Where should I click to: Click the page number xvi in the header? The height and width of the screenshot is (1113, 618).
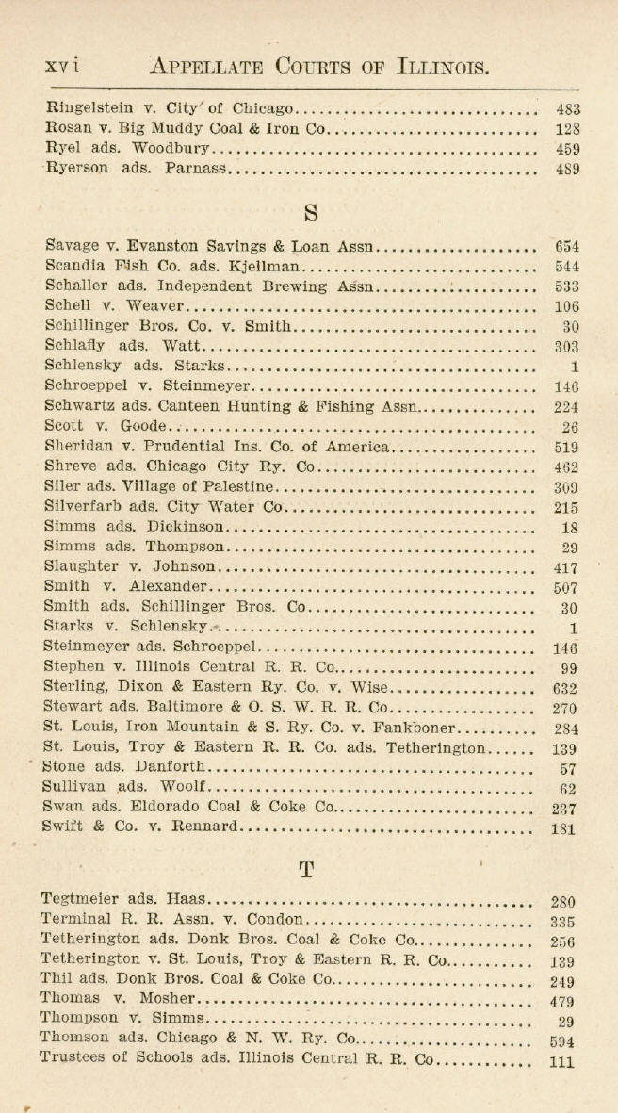pyautogui.click(x=63, y=66)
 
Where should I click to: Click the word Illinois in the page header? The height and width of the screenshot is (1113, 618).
pyautogui.click(x=431, y=66)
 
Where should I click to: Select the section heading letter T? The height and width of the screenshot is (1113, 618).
pyautogui.click(x=306, y=868)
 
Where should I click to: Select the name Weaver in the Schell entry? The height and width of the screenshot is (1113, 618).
pyautogui.click(x=155, y=305)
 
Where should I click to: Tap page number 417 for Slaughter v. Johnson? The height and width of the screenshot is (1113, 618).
pyautogui.click(x=565, y=568)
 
